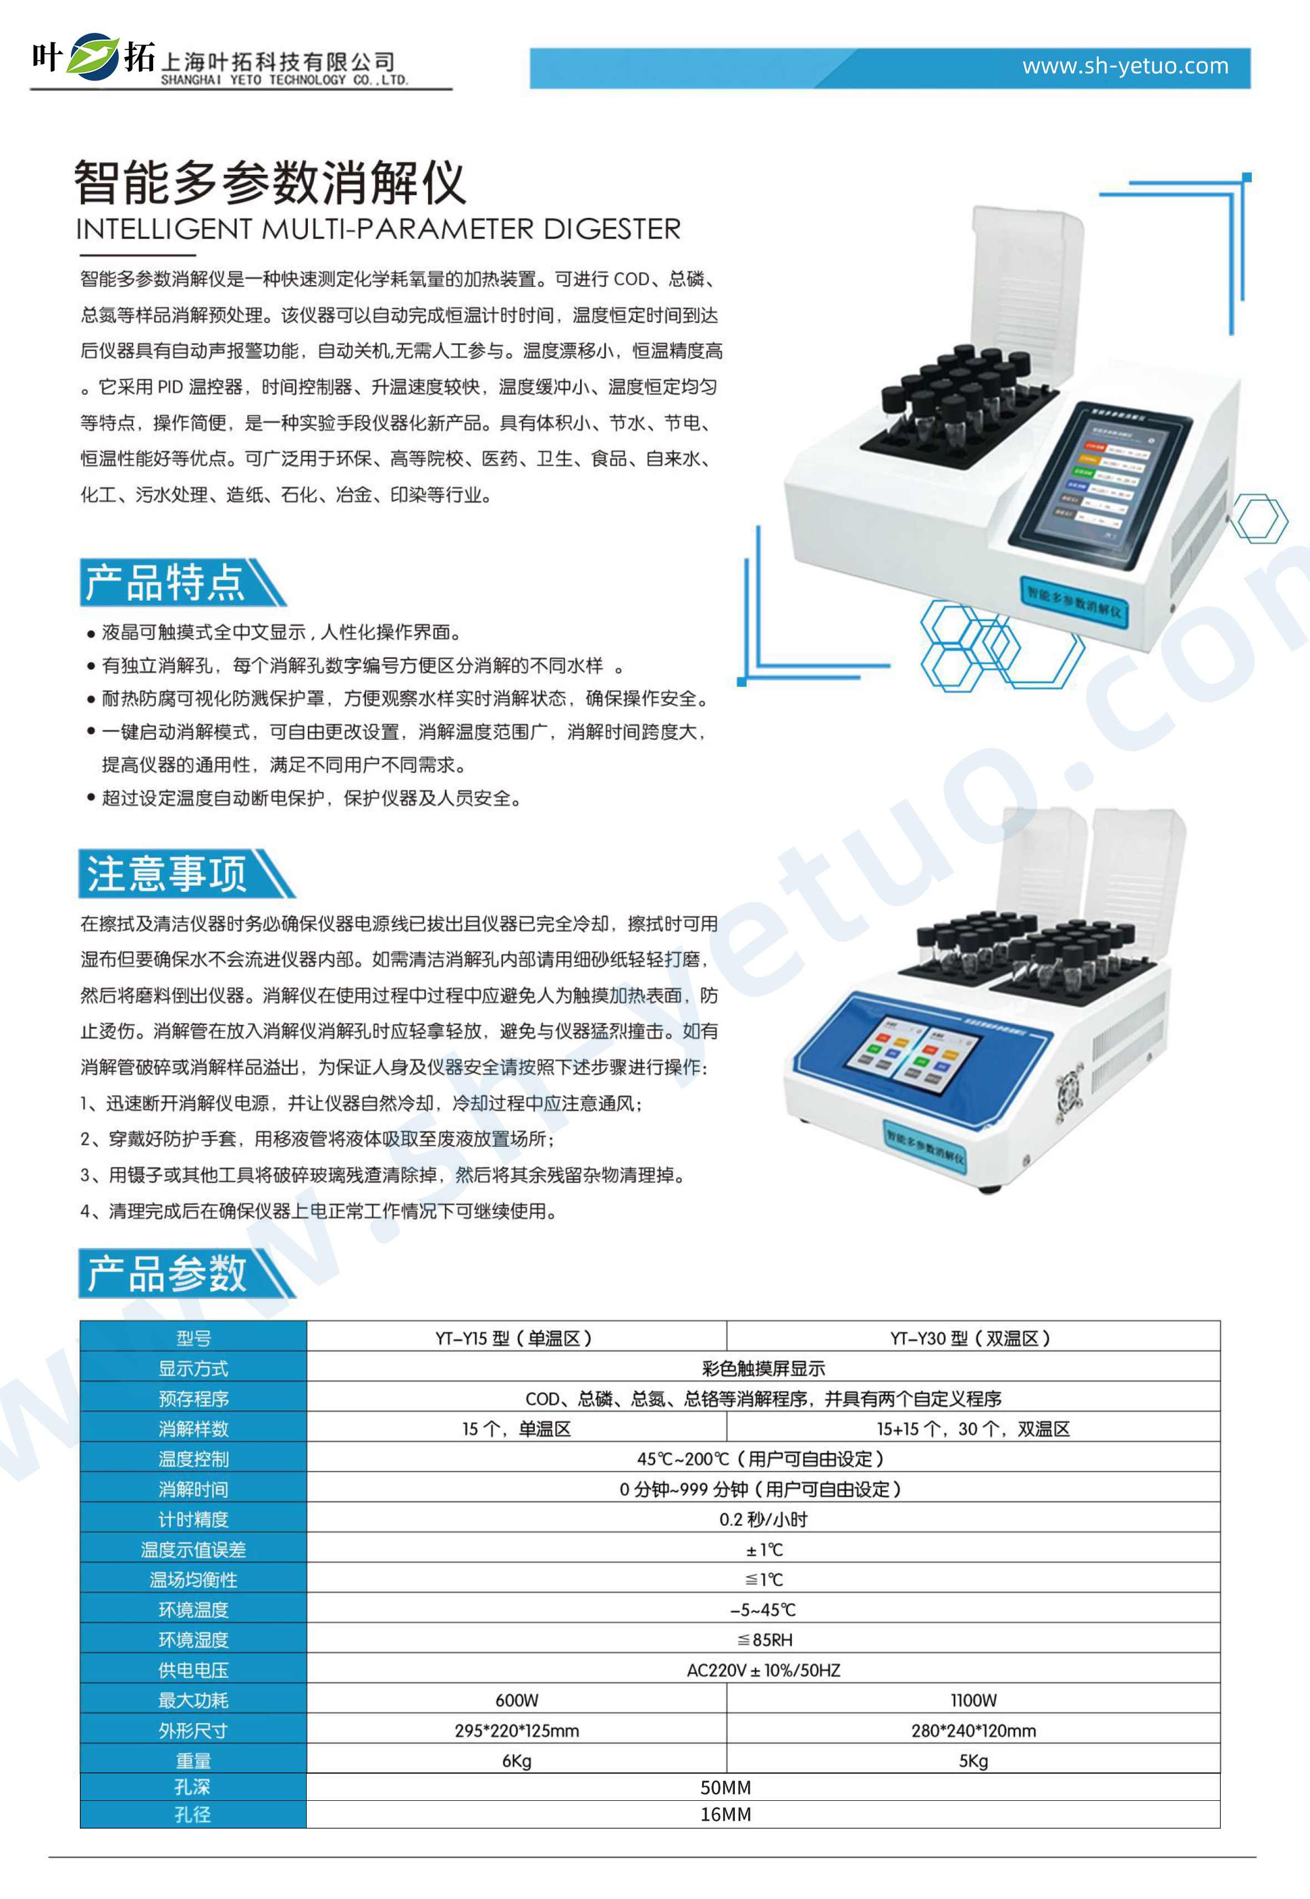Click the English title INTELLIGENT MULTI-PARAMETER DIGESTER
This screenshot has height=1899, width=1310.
click(x=378, y=229)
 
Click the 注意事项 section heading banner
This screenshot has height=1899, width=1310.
click(x=186, y=873)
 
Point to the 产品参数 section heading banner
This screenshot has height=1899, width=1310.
click(x=186, y=1273)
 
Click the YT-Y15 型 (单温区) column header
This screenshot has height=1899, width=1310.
click(x=515, y=1338)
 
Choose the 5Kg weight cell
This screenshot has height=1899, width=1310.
click(x=973, y=1761)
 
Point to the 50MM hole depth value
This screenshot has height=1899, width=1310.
click(x=725, y=1788)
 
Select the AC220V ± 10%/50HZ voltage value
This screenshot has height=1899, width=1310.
click(x=763, y=1670)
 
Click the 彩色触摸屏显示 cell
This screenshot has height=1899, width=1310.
click(x=763, y=1368)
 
